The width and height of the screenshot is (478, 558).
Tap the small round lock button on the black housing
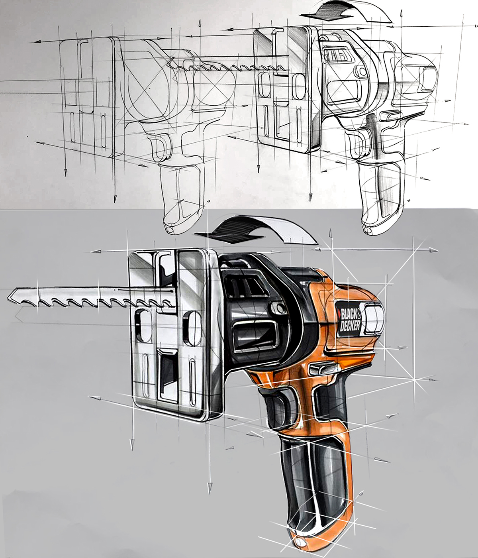(278, 308)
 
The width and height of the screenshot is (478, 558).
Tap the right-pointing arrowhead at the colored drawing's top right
(434, 250)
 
